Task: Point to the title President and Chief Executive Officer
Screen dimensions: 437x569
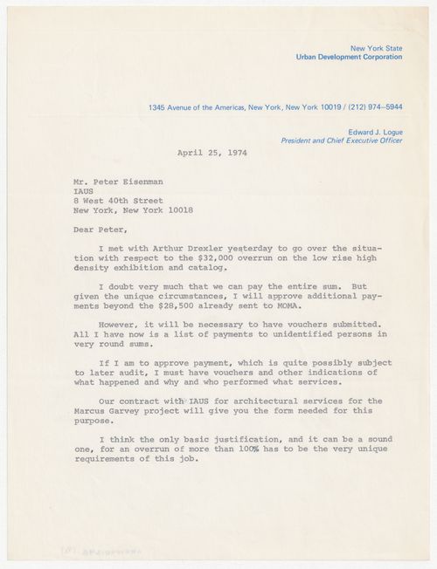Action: click(x=342, y=139)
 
